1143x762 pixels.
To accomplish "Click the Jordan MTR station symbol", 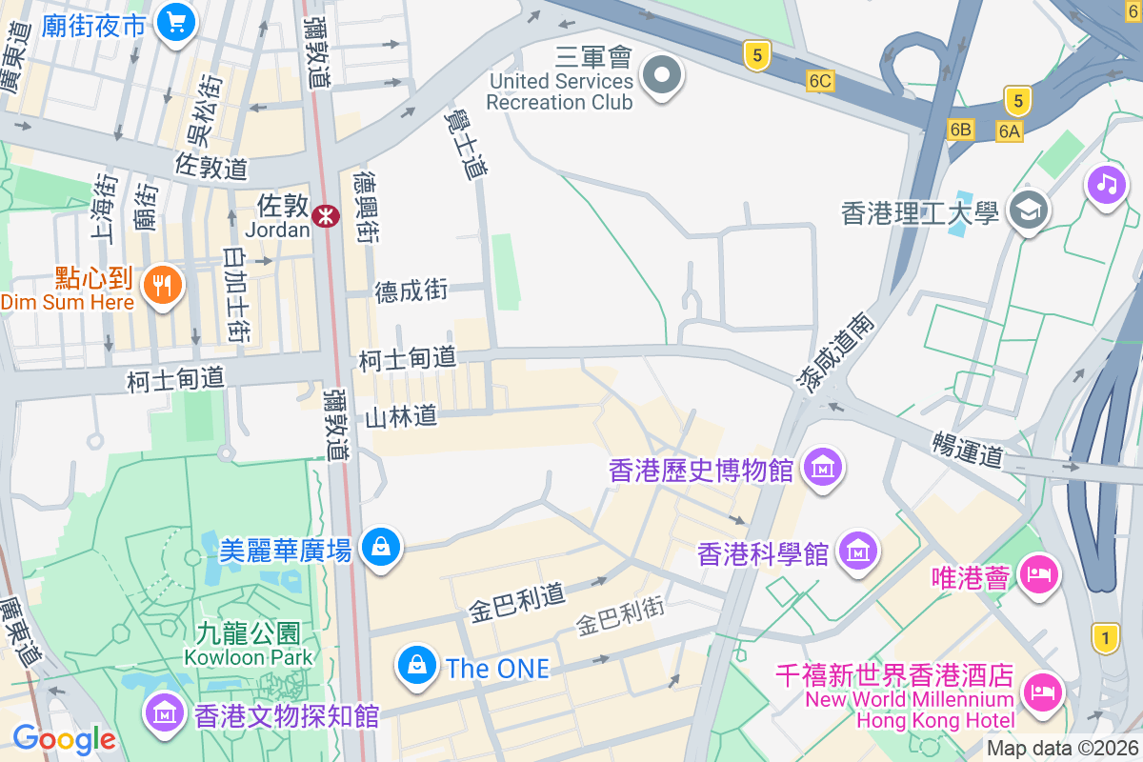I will [326, 216].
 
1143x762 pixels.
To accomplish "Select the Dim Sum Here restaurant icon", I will [163, 284].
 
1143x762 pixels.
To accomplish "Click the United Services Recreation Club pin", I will [662, 74].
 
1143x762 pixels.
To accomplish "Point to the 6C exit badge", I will [819, 82].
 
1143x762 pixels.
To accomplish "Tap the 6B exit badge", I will [961, 129].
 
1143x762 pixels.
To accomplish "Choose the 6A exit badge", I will [1010, 130].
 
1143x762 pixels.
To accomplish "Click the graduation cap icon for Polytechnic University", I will [1028, 209].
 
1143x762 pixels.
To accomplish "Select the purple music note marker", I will [1106, 182].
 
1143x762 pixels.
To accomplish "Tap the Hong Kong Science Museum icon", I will [858, 551].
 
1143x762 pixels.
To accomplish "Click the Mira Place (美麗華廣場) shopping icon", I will [381, 547].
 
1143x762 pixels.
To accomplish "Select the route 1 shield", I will [1106, 637].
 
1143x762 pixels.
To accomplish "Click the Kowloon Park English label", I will [249, 656].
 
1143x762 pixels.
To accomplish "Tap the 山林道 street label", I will [401, 415].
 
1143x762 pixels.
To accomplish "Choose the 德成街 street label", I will [411, 291].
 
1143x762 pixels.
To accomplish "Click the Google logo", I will [64, 738].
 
